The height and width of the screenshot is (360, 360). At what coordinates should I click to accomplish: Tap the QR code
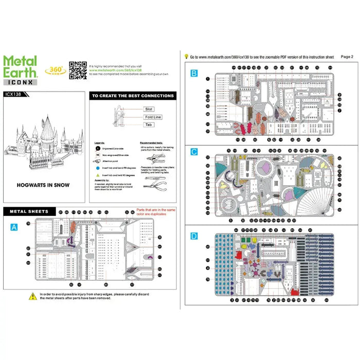tap(78, 70)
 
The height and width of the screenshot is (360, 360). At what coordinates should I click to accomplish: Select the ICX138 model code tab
tap(14, 94)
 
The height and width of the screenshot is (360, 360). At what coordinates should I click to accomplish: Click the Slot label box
tap(149, 110)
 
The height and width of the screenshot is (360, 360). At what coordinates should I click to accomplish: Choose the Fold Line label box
tap(153, 117)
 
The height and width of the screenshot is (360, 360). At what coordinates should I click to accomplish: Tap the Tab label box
tap(149, 124)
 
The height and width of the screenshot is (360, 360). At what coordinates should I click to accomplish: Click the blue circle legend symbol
tap(97, 168)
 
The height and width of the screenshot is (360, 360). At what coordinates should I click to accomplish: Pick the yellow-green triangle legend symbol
tap(97, 175)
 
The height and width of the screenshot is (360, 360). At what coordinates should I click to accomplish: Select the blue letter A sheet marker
tap(14, 226)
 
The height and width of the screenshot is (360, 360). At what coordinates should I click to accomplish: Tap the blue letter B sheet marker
tap(193, 74)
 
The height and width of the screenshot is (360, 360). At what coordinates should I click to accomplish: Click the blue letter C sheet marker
tap(193, 152)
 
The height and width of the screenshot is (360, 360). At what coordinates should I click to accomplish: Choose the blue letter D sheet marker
tap(193, 236)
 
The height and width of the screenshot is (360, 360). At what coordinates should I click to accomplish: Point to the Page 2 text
tap(347, 57)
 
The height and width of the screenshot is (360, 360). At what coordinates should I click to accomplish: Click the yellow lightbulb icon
tap(186, 57)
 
